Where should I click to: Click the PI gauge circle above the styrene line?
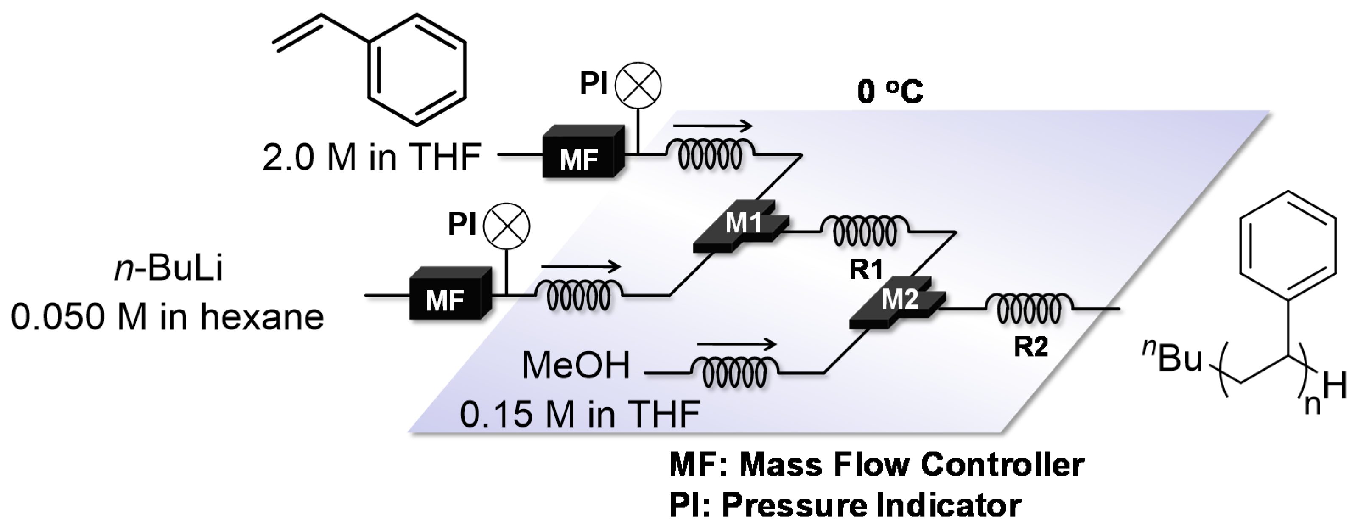tap(638, 85)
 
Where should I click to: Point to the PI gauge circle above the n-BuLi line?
tap(507, 226)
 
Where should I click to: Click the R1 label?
tap(866, 270)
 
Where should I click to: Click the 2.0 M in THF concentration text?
tap(371, 158)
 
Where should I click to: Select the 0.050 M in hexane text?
tap(167, 318)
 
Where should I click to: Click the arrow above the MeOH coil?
tap(736, 345)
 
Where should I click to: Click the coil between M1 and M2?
tap(865, 232)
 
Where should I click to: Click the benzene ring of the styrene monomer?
tap(417, 70)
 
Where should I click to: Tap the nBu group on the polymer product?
tap(1172, 359)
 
